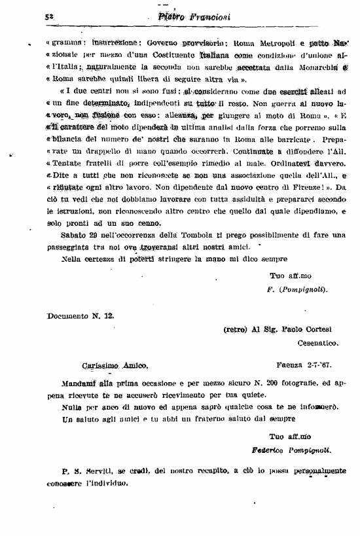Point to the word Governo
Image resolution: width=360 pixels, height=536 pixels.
pos(149,44)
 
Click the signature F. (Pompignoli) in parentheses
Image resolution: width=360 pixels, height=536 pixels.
pos(298,289)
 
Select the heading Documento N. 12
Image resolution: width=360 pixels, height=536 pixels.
pos(81,315)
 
